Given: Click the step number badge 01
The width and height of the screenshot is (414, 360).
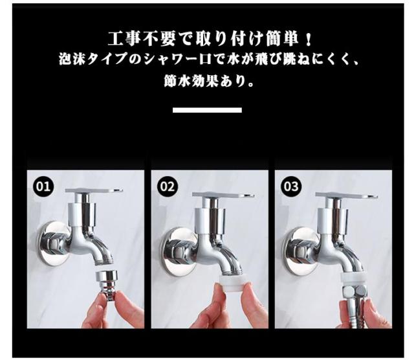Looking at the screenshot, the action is [43, 186].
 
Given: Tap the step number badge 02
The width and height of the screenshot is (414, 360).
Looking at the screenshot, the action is [168, 186].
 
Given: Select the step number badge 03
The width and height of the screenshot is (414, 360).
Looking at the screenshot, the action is [291, 186].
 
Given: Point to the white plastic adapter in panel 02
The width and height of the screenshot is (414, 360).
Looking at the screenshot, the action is [232, 282].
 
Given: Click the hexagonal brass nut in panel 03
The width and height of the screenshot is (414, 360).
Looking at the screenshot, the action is [354, 292].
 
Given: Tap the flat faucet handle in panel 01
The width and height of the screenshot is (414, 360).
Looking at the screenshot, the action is [94, 190].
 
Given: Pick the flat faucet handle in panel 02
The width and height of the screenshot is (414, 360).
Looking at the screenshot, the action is [223, 195].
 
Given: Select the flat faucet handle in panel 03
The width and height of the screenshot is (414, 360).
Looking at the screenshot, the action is [346, 195].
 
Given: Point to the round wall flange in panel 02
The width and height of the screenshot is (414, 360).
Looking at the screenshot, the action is [179, 251].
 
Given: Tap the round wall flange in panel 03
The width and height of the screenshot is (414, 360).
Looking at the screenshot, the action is [300, 251].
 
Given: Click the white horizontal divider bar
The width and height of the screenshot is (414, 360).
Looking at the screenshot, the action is [207, 110].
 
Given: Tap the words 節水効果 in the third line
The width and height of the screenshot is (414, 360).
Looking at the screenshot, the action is [191, 82].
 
